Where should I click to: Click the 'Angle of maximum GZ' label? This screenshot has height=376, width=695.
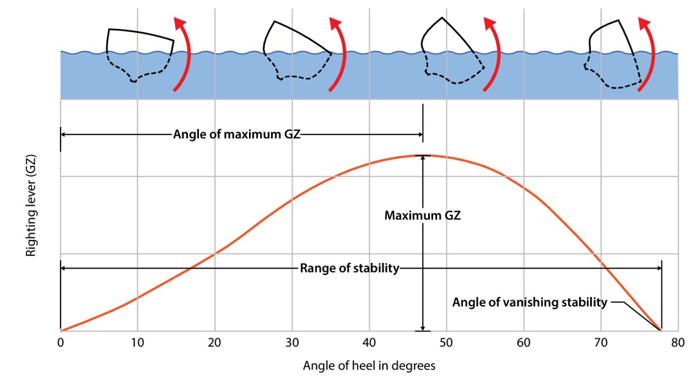click(x=237, y=135)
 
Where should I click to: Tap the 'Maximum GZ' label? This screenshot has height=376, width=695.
click(x=423, y=216)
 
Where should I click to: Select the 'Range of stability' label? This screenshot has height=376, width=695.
click(x=349, y=268)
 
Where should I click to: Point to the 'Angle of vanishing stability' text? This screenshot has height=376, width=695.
click(x=530, y=302)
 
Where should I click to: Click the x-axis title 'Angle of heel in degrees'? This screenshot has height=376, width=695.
click(x=369, y=366)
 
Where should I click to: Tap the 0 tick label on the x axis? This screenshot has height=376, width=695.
click(x=60, y=343)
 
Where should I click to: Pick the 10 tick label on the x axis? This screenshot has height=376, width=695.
click(x=137, y=343)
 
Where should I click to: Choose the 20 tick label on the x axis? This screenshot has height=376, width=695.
click(x=214, y=343)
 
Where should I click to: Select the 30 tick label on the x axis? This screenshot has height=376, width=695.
click(x=292, y=343)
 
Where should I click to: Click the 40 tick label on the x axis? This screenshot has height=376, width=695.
click(x=369, y=343)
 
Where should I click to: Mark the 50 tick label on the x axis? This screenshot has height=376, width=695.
click(x=446, y=343)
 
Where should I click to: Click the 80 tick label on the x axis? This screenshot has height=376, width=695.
click(x=677, y=343)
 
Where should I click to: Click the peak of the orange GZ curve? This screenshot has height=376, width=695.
click(x=423, y=156)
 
